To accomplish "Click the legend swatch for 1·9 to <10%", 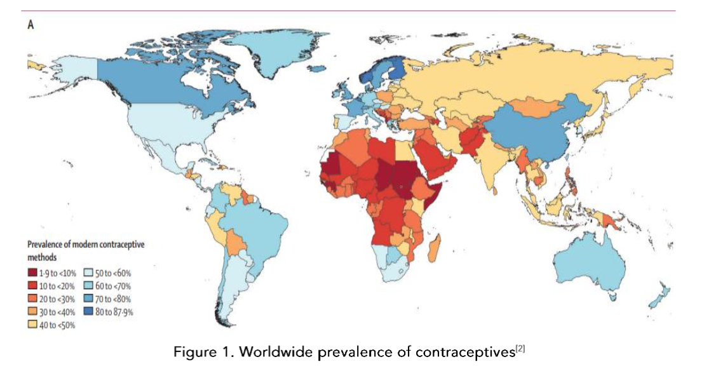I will tap(32, 272).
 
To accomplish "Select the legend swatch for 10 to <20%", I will tap(32, 285).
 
